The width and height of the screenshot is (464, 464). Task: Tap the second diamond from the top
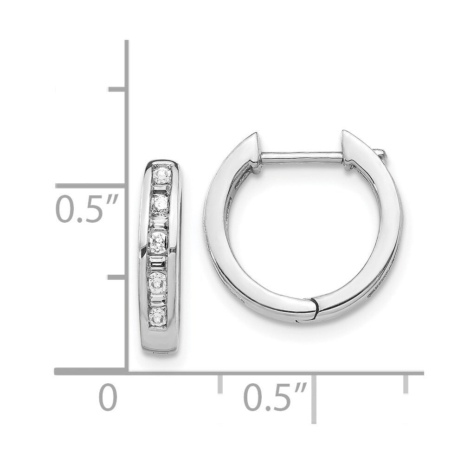point(160,204)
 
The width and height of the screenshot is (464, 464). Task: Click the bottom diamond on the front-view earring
point(158,316)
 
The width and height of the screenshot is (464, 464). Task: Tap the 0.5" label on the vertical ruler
point(87,208)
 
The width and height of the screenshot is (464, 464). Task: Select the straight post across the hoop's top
point(303,157)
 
